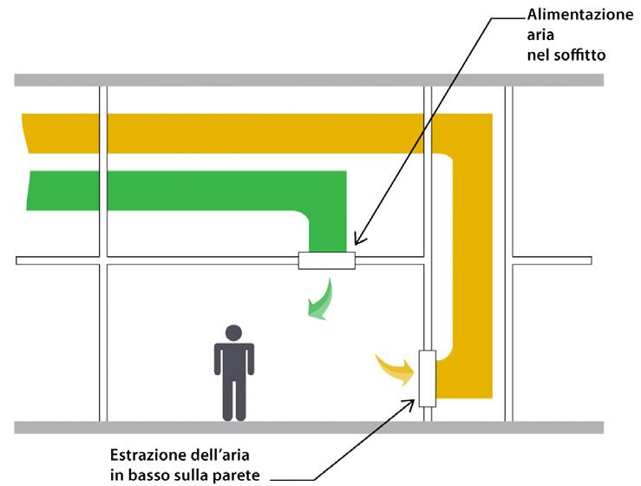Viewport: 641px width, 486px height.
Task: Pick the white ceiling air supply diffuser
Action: click(327, 260)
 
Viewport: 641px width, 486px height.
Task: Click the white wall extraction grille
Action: click(426, 378)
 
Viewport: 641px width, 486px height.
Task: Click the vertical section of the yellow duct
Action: click(472, 260)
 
